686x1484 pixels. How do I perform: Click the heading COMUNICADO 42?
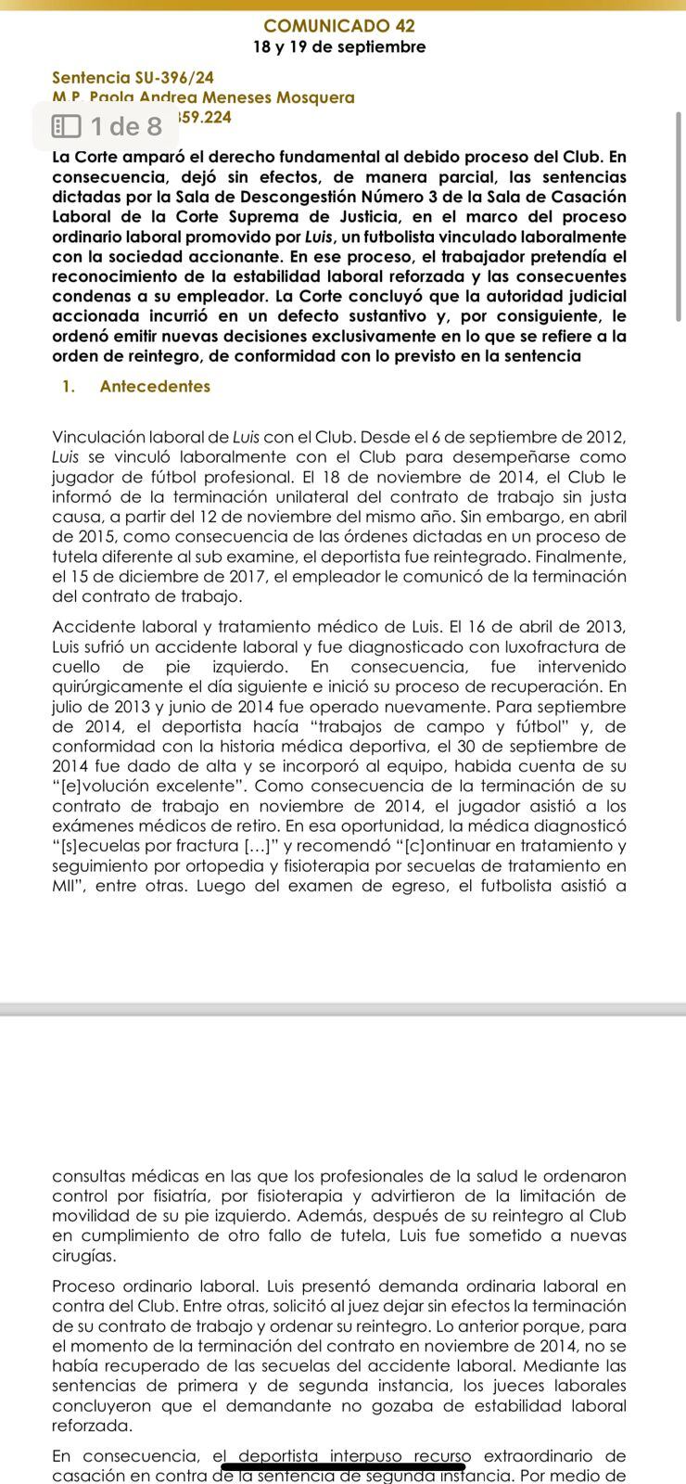pos(339,26)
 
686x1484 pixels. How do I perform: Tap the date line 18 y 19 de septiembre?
pos(339,47)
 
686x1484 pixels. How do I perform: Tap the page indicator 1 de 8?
pos(126,126)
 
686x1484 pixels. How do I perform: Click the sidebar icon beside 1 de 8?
pos(66,126)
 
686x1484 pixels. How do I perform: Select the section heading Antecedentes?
pos(155,387)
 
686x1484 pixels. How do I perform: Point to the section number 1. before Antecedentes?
pos(69,387)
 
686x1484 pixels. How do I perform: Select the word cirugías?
pos(84,1256)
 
